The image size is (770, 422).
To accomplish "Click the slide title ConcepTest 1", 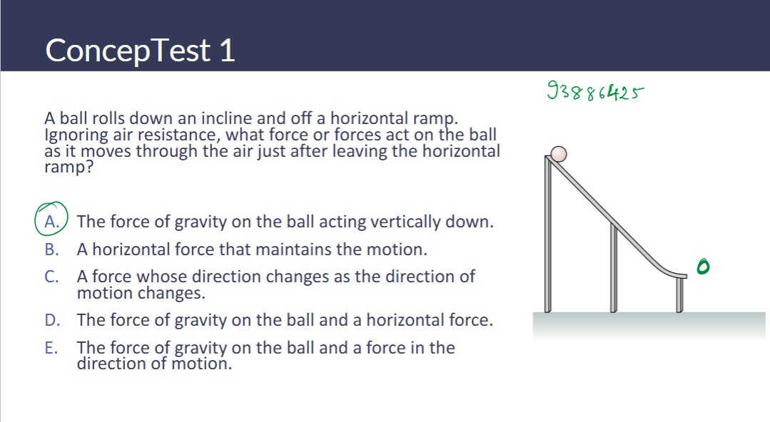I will (x=140, y=51).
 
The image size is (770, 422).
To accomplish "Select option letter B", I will (x=51, y=249).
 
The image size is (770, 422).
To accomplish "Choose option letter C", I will (x=51, y=277).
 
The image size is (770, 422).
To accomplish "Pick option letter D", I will (x=51, y=320).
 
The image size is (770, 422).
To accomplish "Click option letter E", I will (x=51, y=348).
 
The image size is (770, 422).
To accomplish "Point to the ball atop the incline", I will (x=560, y=154).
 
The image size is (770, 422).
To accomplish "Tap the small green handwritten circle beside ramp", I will (x=704, y=266).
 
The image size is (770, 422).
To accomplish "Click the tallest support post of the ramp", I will (x=549, y=235).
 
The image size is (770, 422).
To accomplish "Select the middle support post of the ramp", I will (x=613, y=267).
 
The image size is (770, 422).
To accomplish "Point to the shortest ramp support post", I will (x=679, y=294).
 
